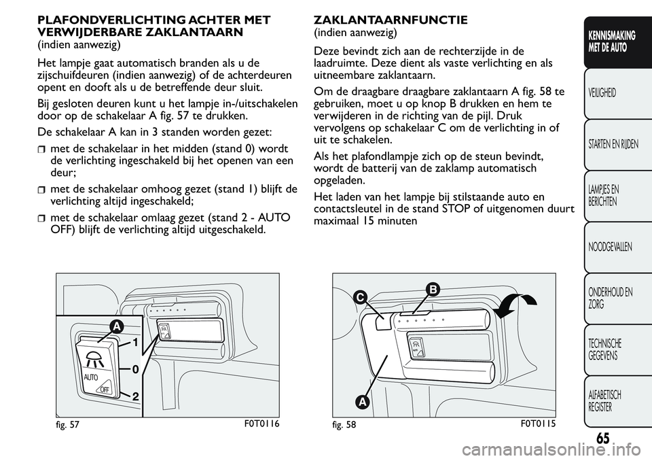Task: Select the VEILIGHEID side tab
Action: (602, 92)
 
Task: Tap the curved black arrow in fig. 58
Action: (514, 305)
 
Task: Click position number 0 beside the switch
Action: (135, 369)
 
